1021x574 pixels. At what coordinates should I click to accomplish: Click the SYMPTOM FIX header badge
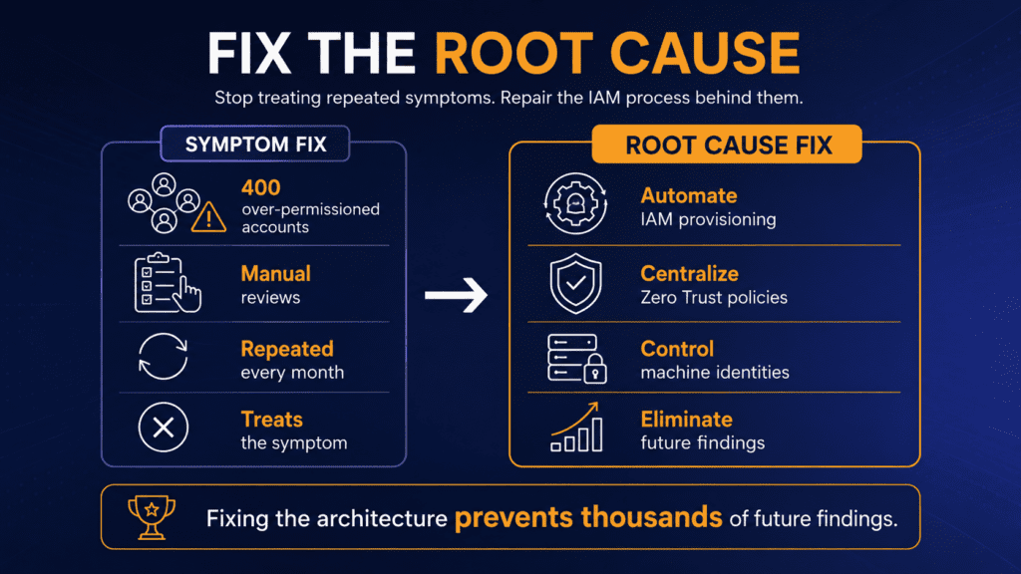pyautogui.click(x=254, y=143)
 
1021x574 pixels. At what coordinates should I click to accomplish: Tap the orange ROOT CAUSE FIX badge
pyautogui.click(x=727, y=143)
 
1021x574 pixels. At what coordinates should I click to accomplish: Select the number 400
pyautogui.click(x=260, y=187)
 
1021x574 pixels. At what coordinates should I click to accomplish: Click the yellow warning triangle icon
pyautogui.click(x=209, y=216)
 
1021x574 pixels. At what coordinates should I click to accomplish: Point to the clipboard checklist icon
pyautogui.click(x=168, y=283)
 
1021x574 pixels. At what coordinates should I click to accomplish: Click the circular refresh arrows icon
pyautogui.click(x=163, y=357)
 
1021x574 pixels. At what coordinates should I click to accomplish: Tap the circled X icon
pyautogui.click(x=163, y=428)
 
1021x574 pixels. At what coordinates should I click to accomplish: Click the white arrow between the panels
pyautogui.click(x=456, y=295)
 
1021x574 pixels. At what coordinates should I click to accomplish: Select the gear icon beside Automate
pyautogui.click(x=575, y=203)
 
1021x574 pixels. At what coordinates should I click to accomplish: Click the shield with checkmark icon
pyautogui.click(x=575, y=284)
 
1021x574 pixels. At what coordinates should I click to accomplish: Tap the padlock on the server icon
pyautogui.click(x=595, y=369)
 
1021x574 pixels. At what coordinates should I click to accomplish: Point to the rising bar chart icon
pyautogui.click(x=576, y=427)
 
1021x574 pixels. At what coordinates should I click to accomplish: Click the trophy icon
pyautogui.click(x=152, y=517)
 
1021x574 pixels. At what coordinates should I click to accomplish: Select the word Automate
pyautogui.click(x=689, y=195)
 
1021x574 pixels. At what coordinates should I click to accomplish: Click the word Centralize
pyautogui.click(x=690, y=273)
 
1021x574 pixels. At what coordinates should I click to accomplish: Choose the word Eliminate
pyautogui.click(x=686, y=420)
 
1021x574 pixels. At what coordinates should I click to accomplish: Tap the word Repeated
pyautogui.click(x=287, y=350)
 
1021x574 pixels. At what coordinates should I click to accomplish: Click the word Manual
pyautogui.click(x=275, y=273)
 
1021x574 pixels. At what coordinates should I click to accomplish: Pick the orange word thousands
pyautogui.click(x=652, y=517)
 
